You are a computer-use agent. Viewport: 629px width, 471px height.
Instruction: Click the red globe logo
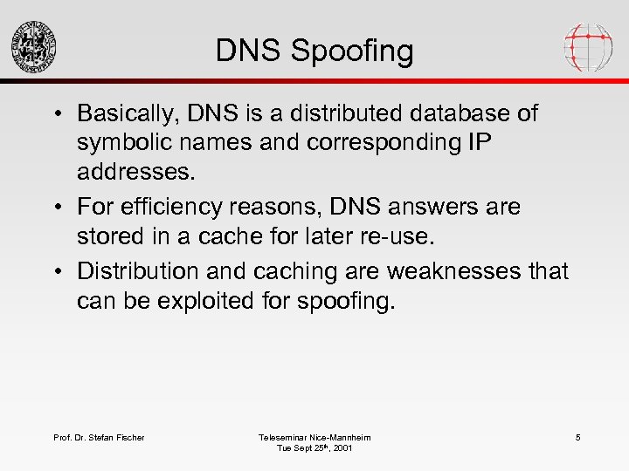coord(588,46)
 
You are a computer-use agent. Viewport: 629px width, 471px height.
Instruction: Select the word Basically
coord(130,114)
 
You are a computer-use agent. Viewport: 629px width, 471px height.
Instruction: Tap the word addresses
coord(136,171)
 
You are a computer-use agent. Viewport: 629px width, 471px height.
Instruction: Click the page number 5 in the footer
coord(577,437)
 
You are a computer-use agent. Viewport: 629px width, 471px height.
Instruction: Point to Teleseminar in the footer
coord(284,437)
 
